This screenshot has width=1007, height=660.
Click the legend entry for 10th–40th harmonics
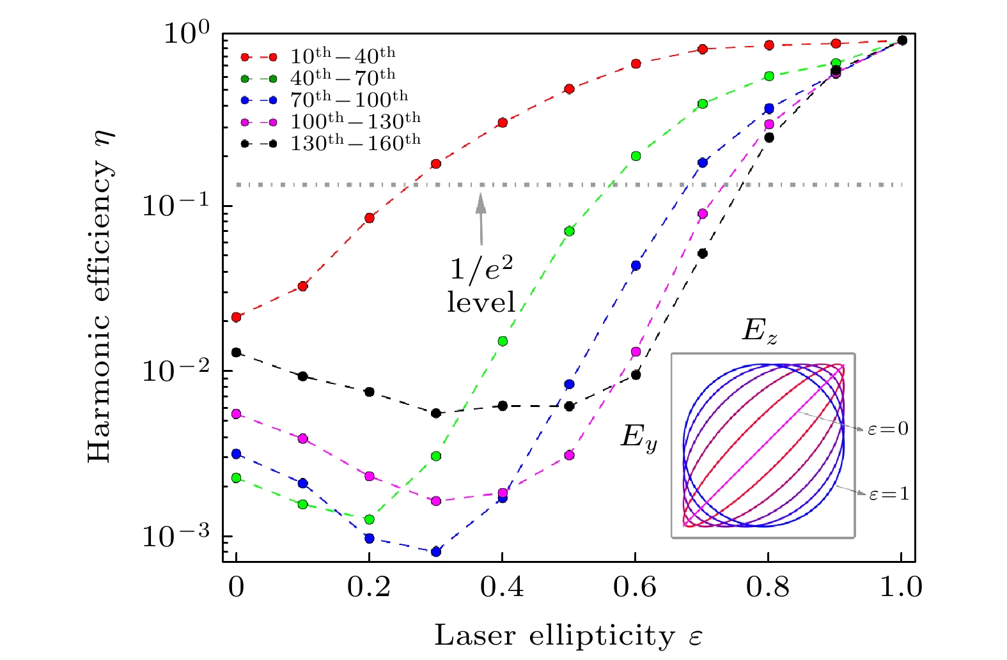click(343, 56)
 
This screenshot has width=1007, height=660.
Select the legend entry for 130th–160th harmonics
click(355, 143)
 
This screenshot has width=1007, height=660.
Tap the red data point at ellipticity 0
click(237, 317)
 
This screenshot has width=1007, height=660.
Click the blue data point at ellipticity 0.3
click(436, 551)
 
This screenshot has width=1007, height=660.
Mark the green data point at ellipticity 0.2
click(370, 519)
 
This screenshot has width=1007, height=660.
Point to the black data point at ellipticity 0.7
click(703, 254)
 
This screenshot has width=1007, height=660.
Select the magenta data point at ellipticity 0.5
click(570, 456)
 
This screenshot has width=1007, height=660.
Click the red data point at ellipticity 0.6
click(636, 64)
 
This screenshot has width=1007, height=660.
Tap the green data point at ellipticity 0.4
click(503, 341)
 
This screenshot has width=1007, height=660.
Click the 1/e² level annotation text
click(481, 284)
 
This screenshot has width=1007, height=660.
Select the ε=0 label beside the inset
click(888, 429)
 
